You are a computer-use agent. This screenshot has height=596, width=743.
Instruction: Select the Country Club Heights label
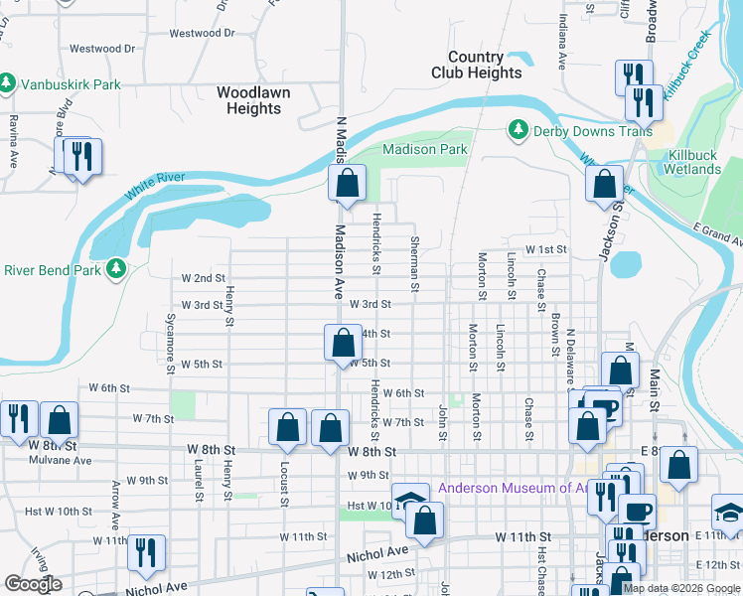point(476,66)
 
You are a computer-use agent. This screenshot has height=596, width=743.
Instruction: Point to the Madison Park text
point(425,149)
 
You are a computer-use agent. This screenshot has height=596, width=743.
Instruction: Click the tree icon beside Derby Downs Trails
point(517,130)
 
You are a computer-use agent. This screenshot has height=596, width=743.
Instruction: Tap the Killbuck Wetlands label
point(694,162)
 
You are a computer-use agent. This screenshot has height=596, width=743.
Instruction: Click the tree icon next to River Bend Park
point(116,269)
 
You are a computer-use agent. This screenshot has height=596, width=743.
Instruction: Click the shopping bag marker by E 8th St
point(678,464)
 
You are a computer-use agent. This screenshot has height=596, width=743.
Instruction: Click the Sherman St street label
point(415,264)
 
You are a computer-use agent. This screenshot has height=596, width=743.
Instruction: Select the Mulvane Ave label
point(61,461)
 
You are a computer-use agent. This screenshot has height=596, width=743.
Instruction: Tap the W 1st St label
point(545,250)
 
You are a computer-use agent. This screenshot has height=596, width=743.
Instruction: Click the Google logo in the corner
point(33,584)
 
